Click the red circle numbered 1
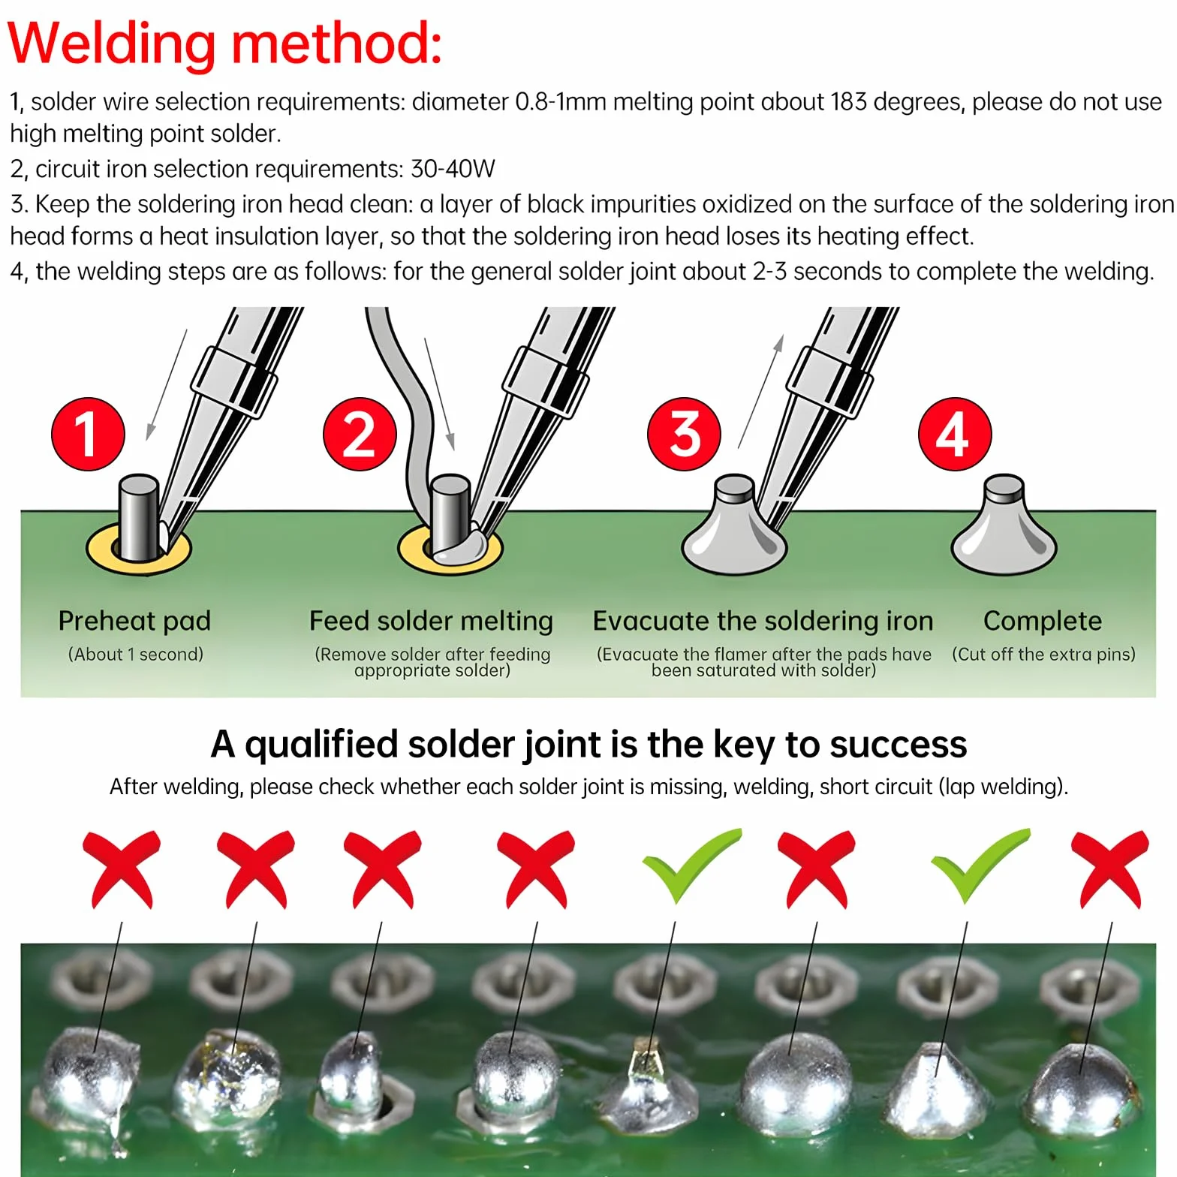[88, 434]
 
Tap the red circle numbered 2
[360, 434]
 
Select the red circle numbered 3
[684, 434]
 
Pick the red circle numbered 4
[955, 434]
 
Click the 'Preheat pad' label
[134, 621]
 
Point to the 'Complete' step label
[1043, 621]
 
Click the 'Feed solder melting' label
[431, 621]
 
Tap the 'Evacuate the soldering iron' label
[763, 621]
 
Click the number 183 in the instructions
[848, 101]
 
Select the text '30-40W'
[453, 168]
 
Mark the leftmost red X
[122, 869]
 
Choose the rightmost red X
[1110, 869]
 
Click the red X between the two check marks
[817, 869]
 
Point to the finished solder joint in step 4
[1004, 525]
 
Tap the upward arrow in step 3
[760, 392]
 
